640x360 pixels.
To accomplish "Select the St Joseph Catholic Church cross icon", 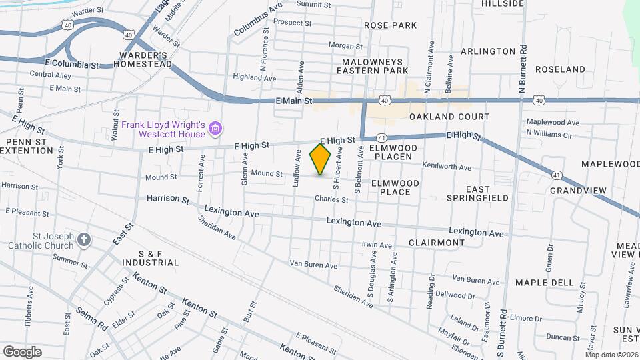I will click(x=83, y=239).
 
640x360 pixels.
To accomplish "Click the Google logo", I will click(x=22, y=351).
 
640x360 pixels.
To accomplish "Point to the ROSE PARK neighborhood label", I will click(x=390, y=25).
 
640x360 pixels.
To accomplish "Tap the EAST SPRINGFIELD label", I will click(x=477, y=193).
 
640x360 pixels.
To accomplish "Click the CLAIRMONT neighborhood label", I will click(x=436, y=243).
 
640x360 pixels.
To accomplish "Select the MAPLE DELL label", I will click(x=544, y=283).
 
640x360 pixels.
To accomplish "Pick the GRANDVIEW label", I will click(x=578, y=191).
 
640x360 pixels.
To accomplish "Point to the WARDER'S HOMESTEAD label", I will click(x=142, y=59).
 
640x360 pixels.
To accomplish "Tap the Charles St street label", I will click(x=332, y=199).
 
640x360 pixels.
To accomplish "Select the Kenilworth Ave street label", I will click(x=446, y=167).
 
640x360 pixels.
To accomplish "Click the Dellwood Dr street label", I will click(x=454, y=295).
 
